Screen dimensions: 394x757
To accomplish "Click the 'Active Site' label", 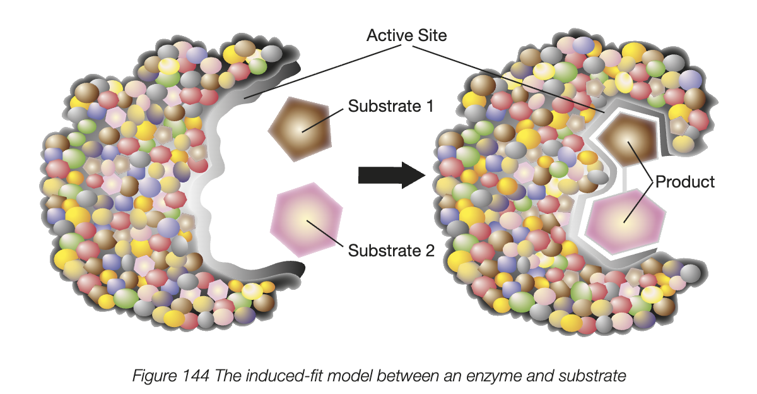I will click(x=407, y=35).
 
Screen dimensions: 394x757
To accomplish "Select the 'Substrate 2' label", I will click(x=391, y=251).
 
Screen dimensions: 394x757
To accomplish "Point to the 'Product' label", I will click(x=685, y=182).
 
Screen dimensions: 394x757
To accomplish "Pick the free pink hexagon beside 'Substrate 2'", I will click(x=305, y=218).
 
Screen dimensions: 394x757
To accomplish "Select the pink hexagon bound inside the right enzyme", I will click(x=625, y=217).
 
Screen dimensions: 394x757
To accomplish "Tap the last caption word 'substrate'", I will click(x=593, y=376).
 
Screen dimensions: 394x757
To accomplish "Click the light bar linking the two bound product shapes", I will click(x=625, y=179).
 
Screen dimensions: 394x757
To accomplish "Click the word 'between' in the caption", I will click(x=392, y=376).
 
